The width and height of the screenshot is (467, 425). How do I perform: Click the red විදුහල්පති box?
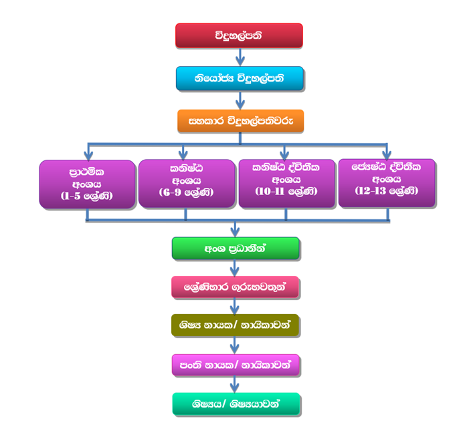239,35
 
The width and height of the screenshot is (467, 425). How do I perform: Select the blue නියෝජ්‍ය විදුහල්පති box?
239,78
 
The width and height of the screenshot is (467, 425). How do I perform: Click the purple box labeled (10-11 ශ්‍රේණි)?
286,183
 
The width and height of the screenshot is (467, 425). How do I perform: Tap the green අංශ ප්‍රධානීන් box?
234,248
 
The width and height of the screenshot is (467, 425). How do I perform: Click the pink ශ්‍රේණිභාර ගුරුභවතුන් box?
234,287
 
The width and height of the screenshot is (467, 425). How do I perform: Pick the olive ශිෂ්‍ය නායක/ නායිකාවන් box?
234,326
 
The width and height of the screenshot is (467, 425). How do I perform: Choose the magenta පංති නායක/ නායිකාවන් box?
234,366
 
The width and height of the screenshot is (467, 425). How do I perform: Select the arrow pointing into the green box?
235,229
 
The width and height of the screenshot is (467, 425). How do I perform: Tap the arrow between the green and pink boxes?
235,268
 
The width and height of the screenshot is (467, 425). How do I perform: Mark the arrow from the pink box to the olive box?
235,307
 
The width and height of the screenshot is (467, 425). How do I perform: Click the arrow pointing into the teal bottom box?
235,385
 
